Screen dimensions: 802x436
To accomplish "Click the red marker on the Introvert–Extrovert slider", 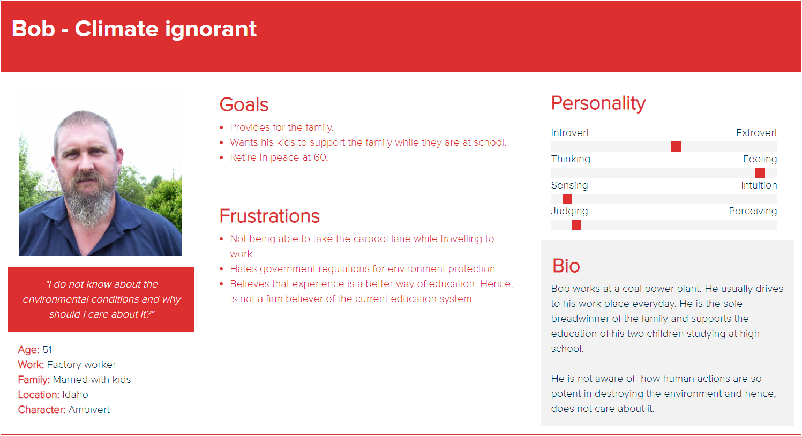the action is (676, 146).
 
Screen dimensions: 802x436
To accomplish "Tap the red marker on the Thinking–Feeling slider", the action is (760, 172).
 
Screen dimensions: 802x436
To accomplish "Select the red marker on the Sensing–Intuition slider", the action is (567, 199).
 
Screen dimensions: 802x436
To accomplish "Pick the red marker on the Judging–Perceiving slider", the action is (576, 225).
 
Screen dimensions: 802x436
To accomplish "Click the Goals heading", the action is (244, 104).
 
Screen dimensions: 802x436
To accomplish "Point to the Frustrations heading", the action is (269, 216).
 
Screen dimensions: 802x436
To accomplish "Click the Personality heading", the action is (598, 103).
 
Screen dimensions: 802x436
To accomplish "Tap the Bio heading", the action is (566, 266).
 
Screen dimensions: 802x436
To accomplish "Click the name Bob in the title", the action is (33, 28).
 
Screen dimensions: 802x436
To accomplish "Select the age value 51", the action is (47, 350).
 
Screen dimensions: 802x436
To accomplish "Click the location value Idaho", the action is (75, 394).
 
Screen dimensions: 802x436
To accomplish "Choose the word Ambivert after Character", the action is (89, 410).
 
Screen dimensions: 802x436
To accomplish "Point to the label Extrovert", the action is (756, 133).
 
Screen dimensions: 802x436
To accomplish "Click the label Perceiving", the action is (753, 211).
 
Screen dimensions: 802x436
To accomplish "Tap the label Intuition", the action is (759, 185).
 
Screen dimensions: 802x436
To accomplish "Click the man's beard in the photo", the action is (88, 200).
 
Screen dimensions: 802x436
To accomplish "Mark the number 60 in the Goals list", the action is (320, 157).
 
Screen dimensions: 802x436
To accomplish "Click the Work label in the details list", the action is (31, 365).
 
